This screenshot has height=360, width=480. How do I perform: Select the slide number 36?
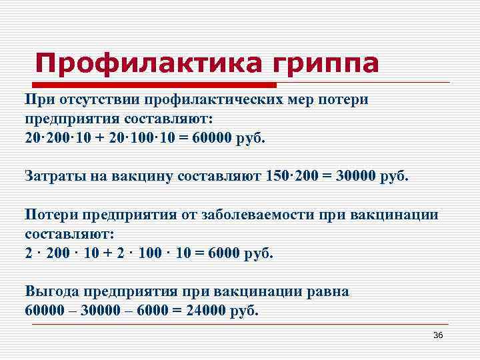pyautogui.click(x=438, y=335)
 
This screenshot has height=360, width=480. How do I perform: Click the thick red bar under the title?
pyautogui.click(x=154, y=85)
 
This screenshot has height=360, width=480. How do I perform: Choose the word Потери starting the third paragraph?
pyautogui.click(x=51, y=215)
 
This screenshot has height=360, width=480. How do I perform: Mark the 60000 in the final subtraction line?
pyautogui.click(x=47, y=311)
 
